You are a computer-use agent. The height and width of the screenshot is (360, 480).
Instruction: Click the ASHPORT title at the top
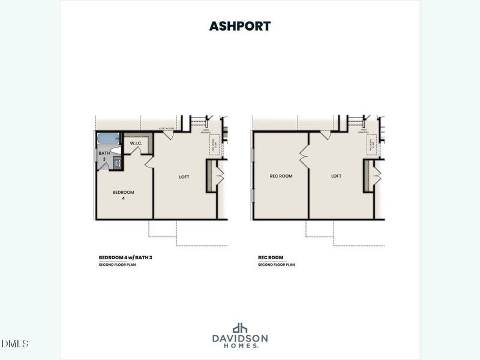click(x=240, y=26)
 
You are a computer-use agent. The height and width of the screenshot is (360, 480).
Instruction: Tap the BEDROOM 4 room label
click(x=123, y=195)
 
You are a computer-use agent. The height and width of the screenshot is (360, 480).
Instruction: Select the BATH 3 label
click(x=104, y=156)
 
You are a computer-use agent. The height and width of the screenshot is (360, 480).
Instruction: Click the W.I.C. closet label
click(x=136, y=143)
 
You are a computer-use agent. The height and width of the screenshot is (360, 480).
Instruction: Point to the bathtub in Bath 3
click(x=110, y=139)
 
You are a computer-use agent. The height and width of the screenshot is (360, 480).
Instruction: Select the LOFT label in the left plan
click(x=185, y=176)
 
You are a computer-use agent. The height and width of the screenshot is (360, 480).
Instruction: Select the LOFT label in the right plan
click(x=336, y=176)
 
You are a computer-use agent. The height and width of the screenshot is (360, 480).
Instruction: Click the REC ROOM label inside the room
click(x=281, y=176)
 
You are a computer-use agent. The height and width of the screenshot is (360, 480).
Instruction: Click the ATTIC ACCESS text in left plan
click(x=166, y=128)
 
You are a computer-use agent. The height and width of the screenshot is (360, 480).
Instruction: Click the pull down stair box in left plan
click(x=212, y=145)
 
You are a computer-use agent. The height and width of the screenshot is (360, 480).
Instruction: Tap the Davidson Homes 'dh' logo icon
click(x=240, y=328)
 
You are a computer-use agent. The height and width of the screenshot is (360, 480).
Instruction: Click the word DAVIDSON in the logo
click(x=240, y=338)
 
